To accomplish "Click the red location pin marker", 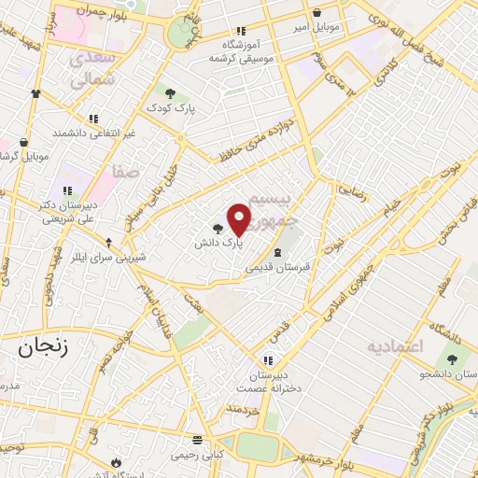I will tap(239, 218).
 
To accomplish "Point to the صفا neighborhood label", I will tap(124, 172).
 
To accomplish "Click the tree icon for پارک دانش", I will tap(218, 228).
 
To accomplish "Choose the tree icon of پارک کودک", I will tap(170, 91).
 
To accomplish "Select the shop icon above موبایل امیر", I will tap(319, 13).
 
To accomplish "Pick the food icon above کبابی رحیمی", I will tap(196, 439).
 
